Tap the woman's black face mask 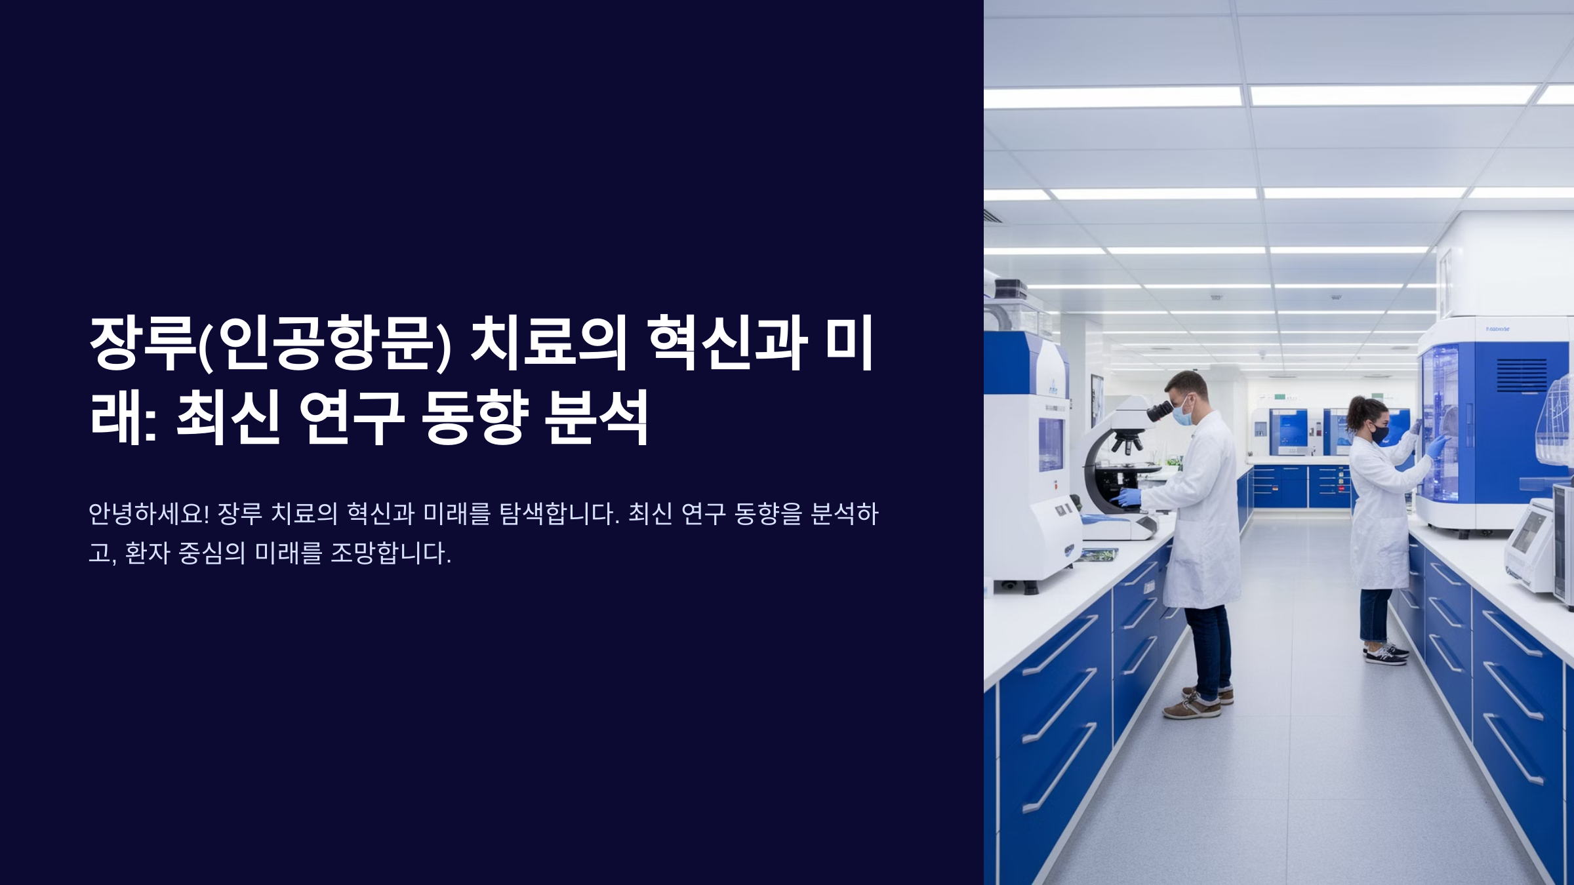click(1379, 433)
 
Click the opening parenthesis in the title click(203, 346)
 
